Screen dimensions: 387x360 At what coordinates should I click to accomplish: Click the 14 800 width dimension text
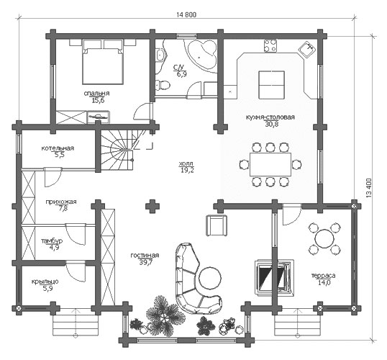tap(186, 14)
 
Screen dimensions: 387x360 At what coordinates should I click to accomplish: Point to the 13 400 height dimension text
tap(369, 188)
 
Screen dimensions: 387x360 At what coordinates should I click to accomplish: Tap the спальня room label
tap(96, 94)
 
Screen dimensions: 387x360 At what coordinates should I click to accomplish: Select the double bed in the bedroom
tap(103, 62)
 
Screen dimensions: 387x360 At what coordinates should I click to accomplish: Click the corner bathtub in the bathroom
tap(202, 55)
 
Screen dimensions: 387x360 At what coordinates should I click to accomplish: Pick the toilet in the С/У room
tap(163, 85)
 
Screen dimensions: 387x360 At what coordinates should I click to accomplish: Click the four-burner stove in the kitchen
tap(270, 45)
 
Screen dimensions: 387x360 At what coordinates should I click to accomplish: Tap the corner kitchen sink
tap(307, 50)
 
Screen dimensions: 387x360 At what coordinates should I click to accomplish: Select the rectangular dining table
tap(270, 165)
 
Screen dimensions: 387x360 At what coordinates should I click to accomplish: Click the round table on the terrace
tap(324, 239)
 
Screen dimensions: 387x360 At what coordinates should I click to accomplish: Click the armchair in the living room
tap(217, 225)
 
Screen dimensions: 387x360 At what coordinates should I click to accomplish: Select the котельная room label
tap(58, 148)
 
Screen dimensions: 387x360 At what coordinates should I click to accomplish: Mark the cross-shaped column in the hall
tap(152, 207)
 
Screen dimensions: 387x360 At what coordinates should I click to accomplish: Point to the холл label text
tap(186, 163)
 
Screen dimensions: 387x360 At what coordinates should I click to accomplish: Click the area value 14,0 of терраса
tap(324, 283)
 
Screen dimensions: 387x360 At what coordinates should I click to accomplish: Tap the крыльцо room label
tap(45, 282)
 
